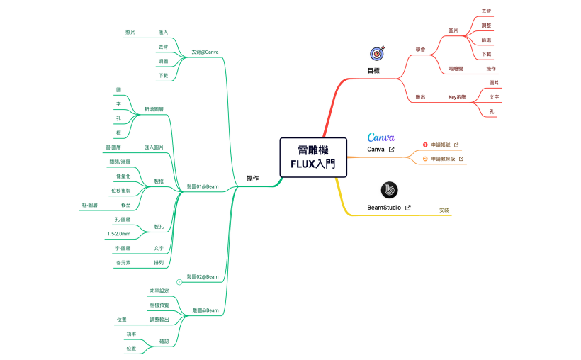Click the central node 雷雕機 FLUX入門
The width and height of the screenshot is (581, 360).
coord(313,157)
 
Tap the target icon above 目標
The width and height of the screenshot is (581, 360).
coord(377,53)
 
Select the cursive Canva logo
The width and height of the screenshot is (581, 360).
coord(380,137)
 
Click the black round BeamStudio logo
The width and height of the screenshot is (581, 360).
coord(389,190)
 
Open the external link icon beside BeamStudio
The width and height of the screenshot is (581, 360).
coord(407,208)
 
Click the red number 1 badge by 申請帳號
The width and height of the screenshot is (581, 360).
coord(425,145)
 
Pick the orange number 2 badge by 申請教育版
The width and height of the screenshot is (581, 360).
coord(425,159)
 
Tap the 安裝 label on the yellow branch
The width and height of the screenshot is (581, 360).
coord(444,210)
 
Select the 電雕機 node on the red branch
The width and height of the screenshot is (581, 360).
coord(456,69)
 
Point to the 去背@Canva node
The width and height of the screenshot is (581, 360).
coord(205,52)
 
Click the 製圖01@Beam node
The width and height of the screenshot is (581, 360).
coord(202,186)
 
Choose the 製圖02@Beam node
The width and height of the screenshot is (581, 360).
coord(202,276)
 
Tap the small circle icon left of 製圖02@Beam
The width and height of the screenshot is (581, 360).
coord(179,282)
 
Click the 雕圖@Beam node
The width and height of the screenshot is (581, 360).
coord(205,310)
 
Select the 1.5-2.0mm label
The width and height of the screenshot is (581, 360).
coord(118,233)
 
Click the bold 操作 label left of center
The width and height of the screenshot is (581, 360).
coord(252,178)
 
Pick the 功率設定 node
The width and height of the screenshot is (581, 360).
coord(159,291)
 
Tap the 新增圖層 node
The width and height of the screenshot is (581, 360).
coord(154,109)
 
